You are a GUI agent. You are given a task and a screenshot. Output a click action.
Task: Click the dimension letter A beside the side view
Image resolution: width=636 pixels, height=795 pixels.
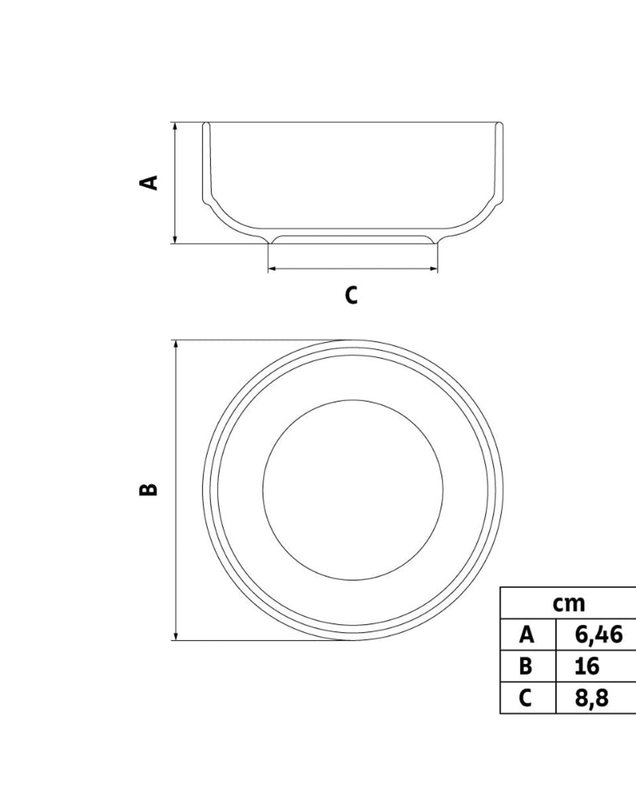[x=149, y=182]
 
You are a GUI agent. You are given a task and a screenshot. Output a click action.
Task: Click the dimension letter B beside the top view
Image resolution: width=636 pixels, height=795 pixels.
[x=149, y=490]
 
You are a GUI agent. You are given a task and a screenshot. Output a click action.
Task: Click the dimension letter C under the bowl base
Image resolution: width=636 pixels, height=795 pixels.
[x=351, y=295]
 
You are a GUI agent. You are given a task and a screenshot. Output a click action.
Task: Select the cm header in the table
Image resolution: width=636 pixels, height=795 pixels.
[x=569, y=603]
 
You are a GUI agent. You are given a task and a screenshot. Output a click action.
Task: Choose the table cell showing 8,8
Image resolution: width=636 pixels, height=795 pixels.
[x=591, y=698]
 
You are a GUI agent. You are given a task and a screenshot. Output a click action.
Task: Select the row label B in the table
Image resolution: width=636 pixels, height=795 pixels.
[x=525, y=666]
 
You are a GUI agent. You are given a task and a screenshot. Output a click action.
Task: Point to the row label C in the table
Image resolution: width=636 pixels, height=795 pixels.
[x=525, y=698]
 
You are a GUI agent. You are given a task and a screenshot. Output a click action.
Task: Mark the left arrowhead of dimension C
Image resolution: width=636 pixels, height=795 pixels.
[x=272, y=269]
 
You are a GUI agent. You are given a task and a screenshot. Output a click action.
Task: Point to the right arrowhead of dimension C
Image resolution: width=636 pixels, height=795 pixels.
[x=433, y=269]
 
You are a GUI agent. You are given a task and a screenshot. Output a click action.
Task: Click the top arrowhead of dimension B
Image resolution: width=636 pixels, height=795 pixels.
[x=175, y=344]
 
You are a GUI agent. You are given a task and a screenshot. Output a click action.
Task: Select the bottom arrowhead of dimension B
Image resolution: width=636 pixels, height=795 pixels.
[x=175, y=636]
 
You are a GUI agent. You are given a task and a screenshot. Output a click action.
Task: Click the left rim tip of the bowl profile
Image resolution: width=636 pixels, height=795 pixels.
[x=206, y=123]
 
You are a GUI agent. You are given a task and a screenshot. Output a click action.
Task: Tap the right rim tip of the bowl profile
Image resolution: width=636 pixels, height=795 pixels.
[x=499, y=123]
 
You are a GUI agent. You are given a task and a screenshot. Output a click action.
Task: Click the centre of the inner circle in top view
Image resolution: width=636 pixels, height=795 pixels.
[x=353, y=490]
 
